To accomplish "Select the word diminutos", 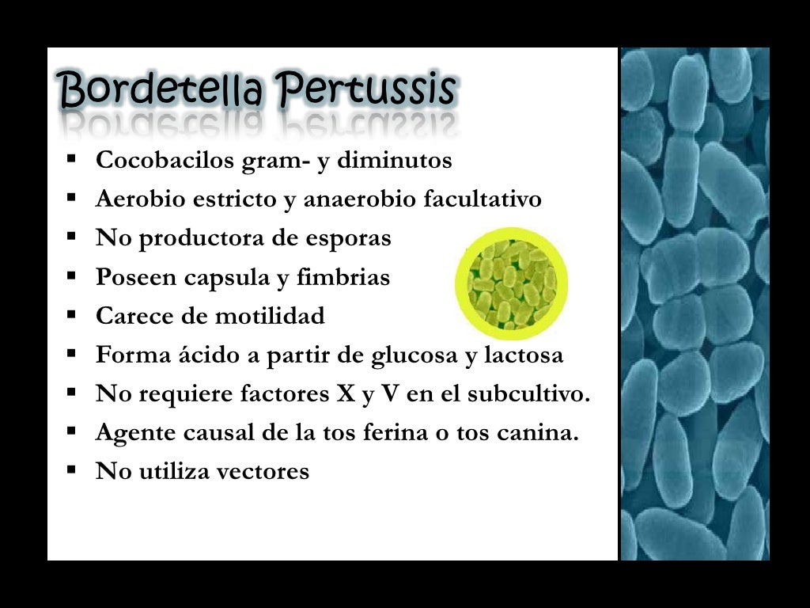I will [x=395, y=160].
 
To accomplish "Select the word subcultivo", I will [x=529, y=393].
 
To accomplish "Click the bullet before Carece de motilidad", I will [x=72, y=314].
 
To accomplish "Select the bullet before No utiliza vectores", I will [x=72, y=470].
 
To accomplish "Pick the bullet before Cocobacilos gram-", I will [x=72, y=158].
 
